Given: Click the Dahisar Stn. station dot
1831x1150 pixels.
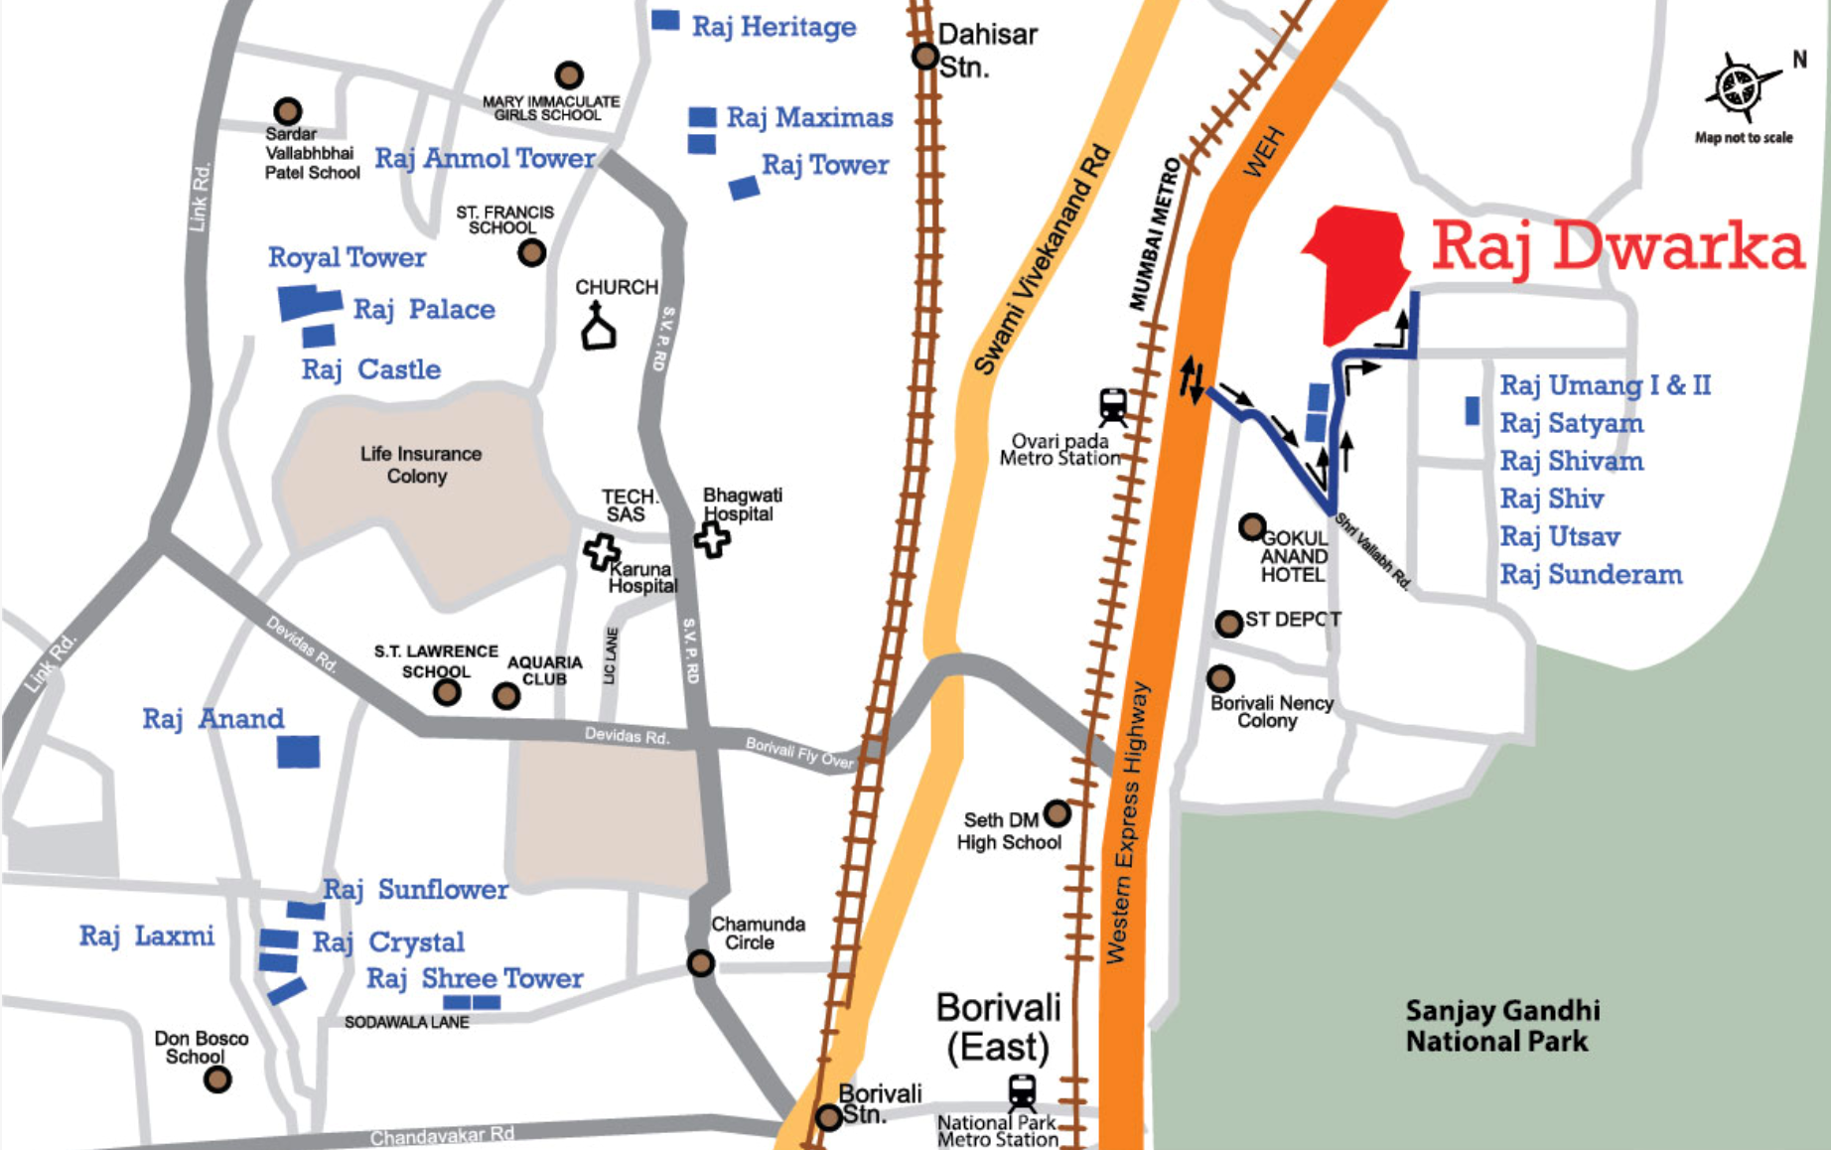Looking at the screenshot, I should click(x=925, y=57).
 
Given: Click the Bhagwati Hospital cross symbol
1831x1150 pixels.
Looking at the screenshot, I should click(x=712, y=539).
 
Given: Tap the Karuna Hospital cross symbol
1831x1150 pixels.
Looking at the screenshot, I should click(x=602, y=551).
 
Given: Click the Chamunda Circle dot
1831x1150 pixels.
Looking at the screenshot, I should click(x=701, y=962).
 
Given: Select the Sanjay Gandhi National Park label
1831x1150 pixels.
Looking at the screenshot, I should click(x=1501, y=1026).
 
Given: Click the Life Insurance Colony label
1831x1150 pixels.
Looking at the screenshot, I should click(x=420, y=465).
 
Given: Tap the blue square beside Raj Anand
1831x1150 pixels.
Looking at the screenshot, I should click(x=298, y=751).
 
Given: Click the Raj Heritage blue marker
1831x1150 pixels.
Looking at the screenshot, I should click(x=665, y=20).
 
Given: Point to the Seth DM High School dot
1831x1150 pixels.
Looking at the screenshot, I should click(x=1056, y=813).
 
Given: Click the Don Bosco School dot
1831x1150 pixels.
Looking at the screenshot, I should click(x=217, y=1078).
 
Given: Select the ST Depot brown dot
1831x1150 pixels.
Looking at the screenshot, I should click(x=1229, y=623).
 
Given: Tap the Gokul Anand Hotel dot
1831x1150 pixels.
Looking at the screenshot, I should click(x=1252, y=526).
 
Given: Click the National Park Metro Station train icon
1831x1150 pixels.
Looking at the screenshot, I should click(x=1022, y=1091).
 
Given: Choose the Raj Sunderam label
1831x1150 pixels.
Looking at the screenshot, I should click(x=1591, y=575).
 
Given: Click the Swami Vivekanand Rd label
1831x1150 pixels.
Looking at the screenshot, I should click(x=1043, y=258).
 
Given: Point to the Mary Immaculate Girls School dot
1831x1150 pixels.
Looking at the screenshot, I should click(x=569, y=74).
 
